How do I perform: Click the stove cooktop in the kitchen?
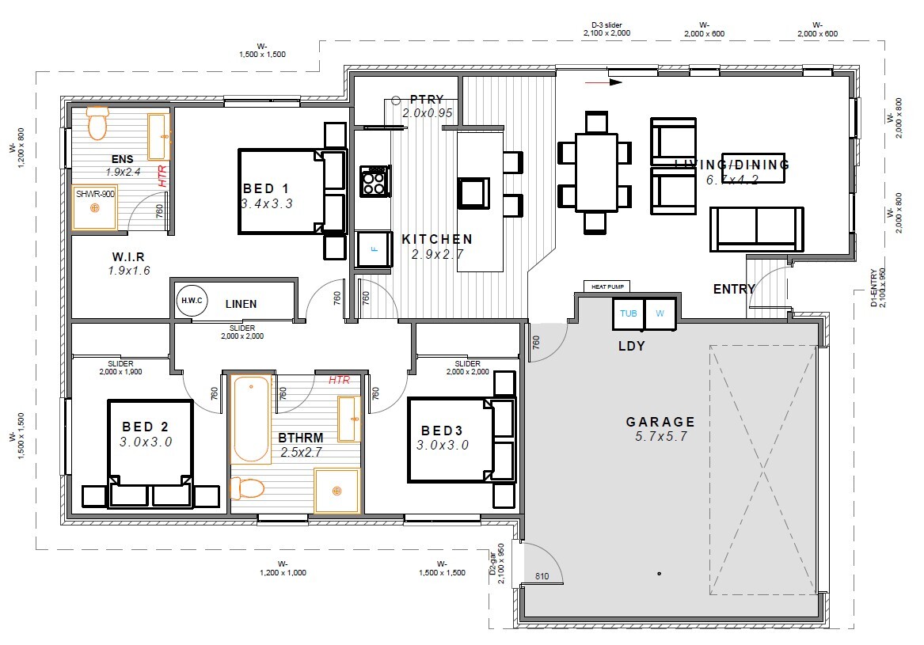374,180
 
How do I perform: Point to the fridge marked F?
375,249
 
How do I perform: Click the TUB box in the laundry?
629,313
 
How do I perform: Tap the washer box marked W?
660,313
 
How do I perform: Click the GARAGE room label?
660,422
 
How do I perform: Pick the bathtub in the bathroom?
251,419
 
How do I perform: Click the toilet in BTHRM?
248,488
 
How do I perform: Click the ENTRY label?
734,290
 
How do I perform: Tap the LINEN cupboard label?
241,304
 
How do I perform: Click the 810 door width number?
542,576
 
